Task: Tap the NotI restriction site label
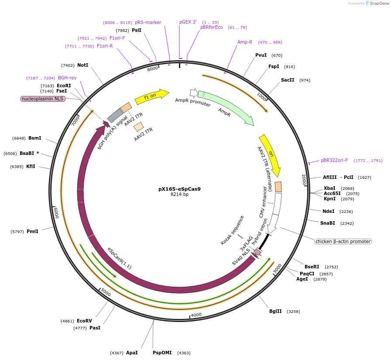[x=82, y=65]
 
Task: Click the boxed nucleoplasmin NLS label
[x=43, y=99]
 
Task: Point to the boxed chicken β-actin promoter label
[x=343, y=241]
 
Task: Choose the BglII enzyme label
[x=275, y=311]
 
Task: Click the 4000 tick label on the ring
[x=196, y=315]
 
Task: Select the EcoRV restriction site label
[x=84, y=321]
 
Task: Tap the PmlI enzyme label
[x=32, y=231]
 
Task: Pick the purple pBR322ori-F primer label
[x=334, y=160]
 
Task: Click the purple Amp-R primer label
[x=245, y=42]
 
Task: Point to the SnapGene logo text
[x=377, y=3]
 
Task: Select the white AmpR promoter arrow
[x=193, y=93]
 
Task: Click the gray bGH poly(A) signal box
[x=115, y=115]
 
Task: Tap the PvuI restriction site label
[x=261, y=55]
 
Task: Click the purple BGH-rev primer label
[x=67, y=78]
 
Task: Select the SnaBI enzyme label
[x=328, y=223]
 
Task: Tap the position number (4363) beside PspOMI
[x=184, y=353]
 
